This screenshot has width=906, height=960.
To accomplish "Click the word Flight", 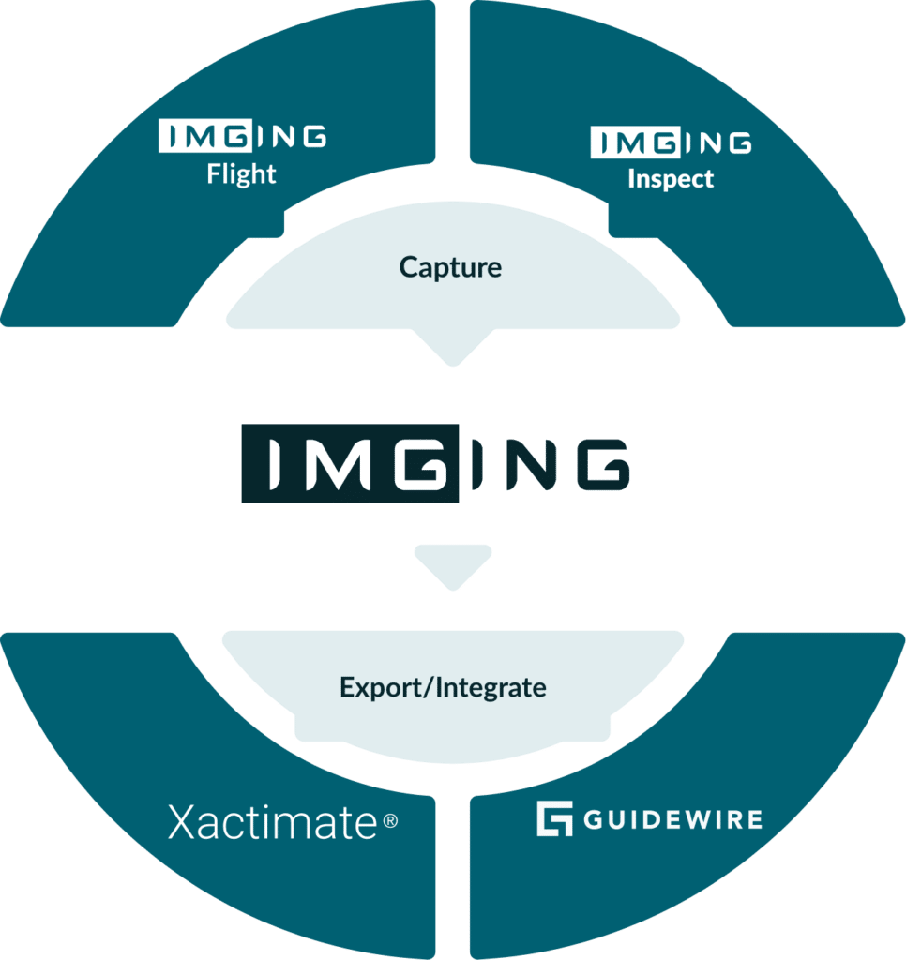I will click(242, 174).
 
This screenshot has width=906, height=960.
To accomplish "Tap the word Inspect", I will click(671, 178).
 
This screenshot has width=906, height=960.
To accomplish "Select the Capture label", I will click(450, 267).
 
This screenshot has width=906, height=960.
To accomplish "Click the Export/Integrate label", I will click(443, 687).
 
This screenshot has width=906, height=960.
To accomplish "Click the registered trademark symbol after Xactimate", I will click(390, 822).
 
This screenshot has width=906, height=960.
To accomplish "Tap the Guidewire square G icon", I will click(554, 818).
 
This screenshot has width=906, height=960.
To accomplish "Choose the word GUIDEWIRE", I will click(672, 819).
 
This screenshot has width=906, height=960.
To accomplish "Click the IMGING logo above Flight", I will click(242, 137).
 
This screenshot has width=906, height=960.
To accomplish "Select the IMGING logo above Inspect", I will click(671, 142).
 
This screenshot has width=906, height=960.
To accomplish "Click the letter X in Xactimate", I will click(183, 823).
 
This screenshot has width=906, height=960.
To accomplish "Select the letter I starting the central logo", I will click(271, 464).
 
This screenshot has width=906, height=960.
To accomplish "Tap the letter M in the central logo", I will click(337, 464).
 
